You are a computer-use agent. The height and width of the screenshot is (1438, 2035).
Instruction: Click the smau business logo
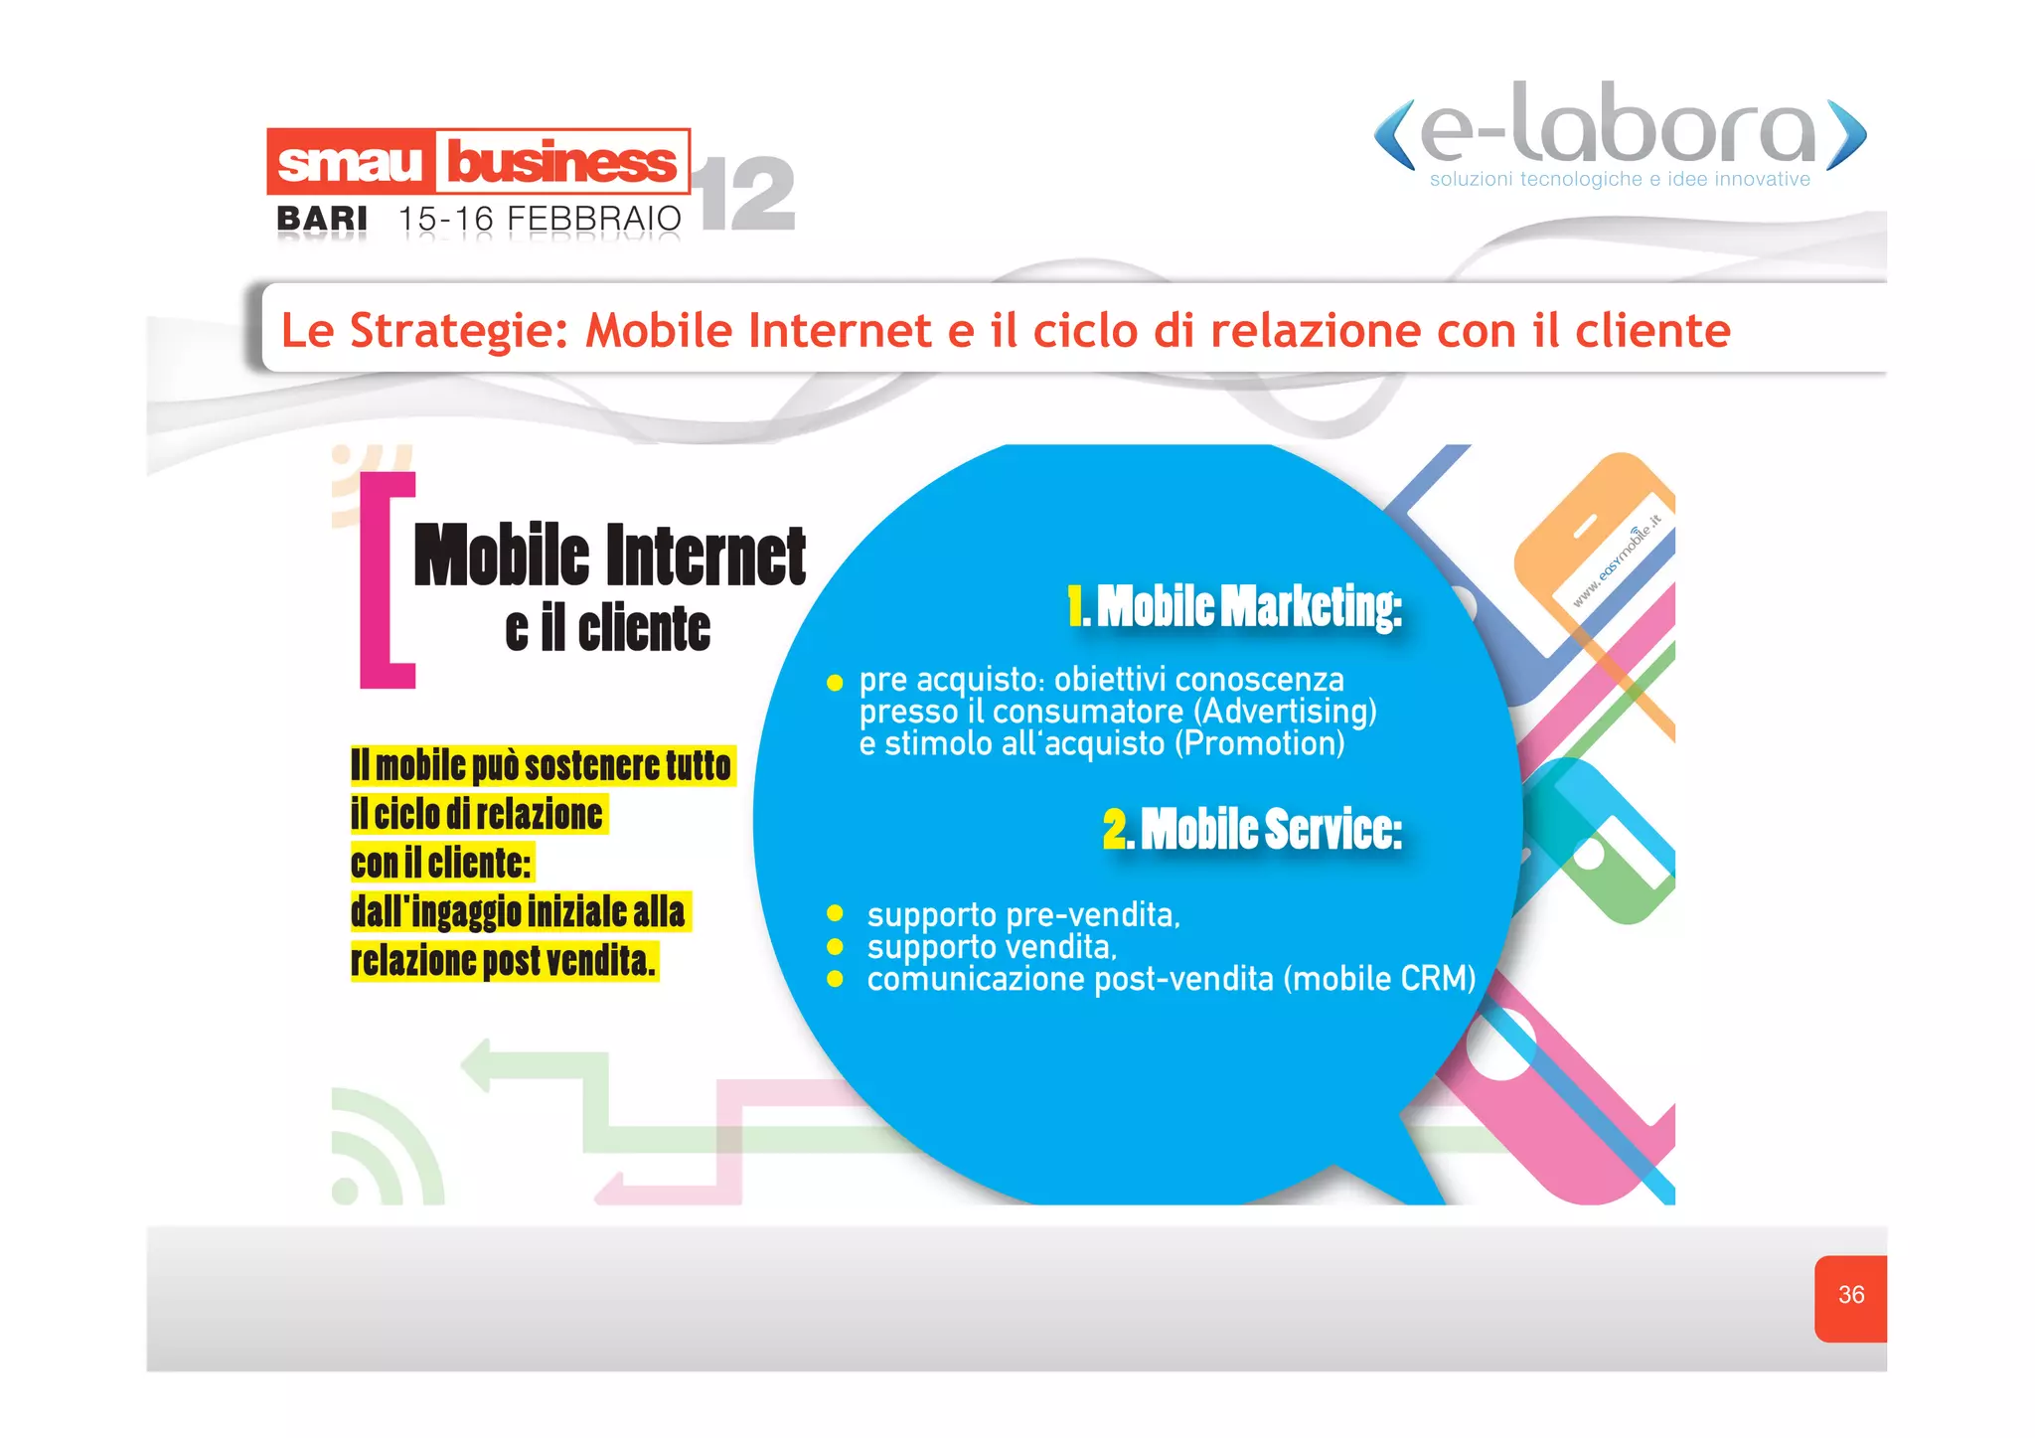point(478,161)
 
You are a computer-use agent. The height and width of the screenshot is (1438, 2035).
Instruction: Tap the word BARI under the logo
point(322,219)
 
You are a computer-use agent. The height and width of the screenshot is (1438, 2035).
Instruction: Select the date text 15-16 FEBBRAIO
point(540,219)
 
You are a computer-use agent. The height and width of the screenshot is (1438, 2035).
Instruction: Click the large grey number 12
point(747,194)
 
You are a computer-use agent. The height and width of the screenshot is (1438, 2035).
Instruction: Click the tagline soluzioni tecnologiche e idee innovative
point(1620,180)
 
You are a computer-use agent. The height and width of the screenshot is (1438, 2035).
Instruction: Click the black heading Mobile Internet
point(609,556)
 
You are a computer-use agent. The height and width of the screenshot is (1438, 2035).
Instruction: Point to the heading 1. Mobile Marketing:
point(1235,606)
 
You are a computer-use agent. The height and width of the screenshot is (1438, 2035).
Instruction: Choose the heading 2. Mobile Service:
point(1252,829)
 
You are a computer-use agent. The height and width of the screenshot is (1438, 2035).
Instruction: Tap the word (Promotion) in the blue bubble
point(1259,743)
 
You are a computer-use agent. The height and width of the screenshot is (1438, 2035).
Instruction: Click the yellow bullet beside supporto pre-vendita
point(835,913)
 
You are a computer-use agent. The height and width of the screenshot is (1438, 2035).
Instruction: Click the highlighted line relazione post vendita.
point(503,961)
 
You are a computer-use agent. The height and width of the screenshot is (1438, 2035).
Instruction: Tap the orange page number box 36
point(1850,1296)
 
